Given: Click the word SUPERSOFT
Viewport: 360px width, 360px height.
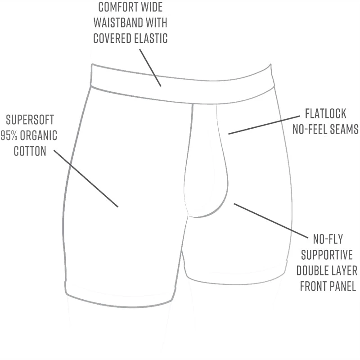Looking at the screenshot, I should point(30,120).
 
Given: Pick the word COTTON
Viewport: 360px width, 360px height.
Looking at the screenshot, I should point(30,151).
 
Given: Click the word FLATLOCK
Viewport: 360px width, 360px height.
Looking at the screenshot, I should point(325,113).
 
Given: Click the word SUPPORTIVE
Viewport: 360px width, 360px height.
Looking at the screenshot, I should point(327,255).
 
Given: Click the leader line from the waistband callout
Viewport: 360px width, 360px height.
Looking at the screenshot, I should point(150,67).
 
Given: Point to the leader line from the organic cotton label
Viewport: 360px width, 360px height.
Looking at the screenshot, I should point(86,178).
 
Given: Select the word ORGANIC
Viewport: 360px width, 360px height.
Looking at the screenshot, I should point(41,135).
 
